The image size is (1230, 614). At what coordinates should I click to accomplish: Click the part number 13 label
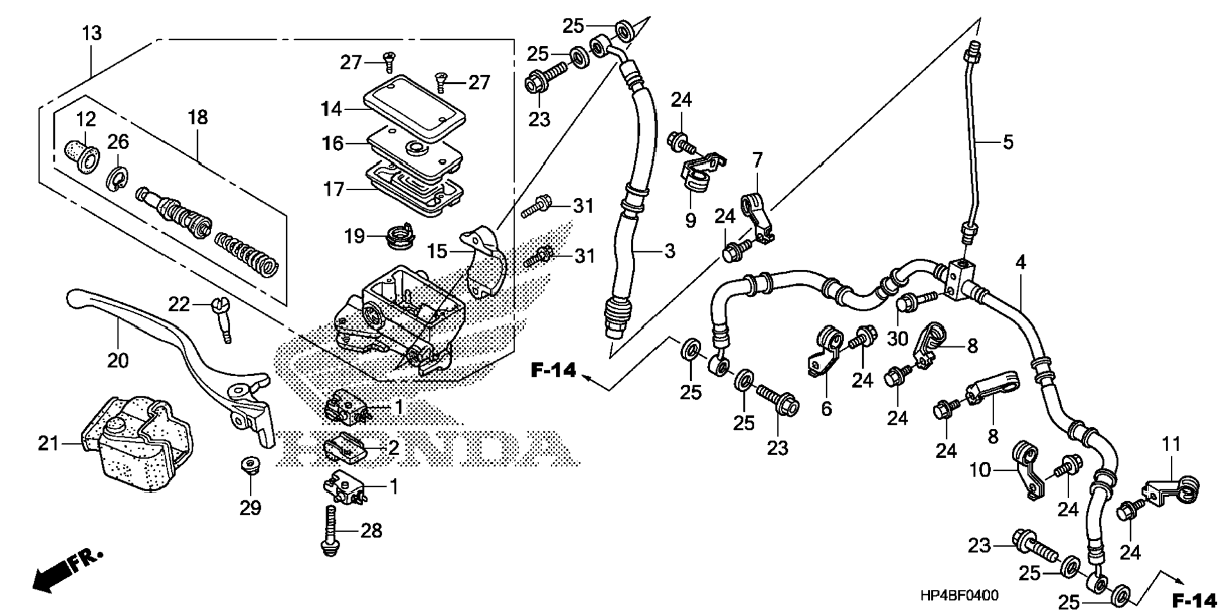(x=92, y=33)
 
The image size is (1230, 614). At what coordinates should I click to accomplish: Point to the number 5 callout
(x=1007, y=143)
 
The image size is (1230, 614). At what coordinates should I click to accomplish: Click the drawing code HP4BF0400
(x=959, y=596)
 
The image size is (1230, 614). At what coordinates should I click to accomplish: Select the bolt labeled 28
(x=329, y=531)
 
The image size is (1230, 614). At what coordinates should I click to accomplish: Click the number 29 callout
(x=251, y=508)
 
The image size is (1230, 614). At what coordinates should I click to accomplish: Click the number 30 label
(x=897, y=338)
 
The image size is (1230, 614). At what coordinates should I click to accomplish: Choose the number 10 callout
(x=980, y=471)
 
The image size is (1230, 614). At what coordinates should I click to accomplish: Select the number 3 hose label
(x=669, y=251)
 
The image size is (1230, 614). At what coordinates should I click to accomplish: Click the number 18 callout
(x=198, y=117)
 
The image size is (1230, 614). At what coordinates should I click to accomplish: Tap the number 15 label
(x=437, y=251)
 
